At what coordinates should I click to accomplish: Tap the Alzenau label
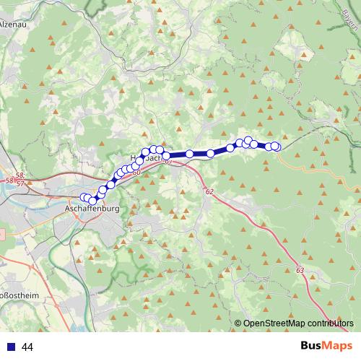pyautogui.click(x=15, y=24)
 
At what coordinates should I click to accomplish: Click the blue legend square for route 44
pyautogui.click(x=11, y=347)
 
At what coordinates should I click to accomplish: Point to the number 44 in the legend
pyautogui.click(x=28, y=347)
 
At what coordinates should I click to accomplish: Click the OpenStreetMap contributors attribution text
pyautogui.click(x=298, y=323)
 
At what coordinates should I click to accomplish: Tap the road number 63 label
pyautogui.click(x=300, y=269)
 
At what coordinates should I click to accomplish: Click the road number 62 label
pyautogui.click(x=209, y=192)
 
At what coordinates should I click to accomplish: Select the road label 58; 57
pyautogui.click(x=20, y=180)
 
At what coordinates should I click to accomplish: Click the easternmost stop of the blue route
pyautogui.click(x=275, y=147)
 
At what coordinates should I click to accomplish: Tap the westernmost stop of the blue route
pyautogui.click(x=84, y=197)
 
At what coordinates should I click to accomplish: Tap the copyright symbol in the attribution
pyautogui.click(x=238, y=323)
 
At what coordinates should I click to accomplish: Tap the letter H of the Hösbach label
pyautogui.click(x=132, y=156)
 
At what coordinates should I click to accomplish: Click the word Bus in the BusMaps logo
pyautogui.click(x=313, y=347)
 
